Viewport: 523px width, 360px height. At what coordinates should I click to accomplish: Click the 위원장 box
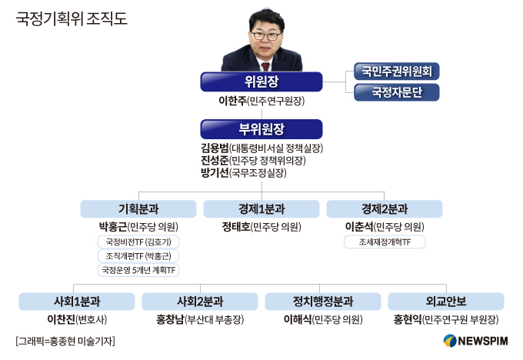[261, 82]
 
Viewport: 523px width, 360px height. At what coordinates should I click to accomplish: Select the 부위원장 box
[261, 129]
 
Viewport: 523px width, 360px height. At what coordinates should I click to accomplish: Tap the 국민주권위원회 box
[397, 71]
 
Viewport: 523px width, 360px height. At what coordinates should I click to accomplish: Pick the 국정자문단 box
[397, 92]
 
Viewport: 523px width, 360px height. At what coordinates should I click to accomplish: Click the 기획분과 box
[138, 209]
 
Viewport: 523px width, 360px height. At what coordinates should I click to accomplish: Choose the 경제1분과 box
[261, 209]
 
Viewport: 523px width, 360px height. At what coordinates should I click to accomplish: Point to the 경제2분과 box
[385, 209]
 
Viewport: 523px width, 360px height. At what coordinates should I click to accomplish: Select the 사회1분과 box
[77, 302]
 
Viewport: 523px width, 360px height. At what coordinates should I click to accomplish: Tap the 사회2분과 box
[200, 302]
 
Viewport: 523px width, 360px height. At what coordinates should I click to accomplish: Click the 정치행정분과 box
[323, 302]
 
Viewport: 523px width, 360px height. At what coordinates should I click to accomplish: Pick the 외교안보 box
[446, 302]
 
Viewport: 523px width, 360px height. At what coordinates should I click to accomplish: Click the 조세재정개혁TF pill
[385, 242]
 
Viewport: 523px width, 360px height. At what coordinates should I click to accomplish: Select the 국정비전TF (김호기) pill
[138, 242]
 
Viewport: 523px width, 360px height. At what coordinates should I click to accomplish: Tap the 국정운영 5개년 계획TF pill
[138, 270]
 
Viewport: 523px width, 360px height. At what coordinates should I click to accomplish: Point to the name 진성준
[215, 161]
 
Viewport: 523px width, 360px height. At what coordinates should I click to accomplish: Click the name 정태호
[236, 227]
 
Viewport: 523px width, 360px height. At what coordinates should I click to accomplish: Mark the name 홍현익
[408, 320]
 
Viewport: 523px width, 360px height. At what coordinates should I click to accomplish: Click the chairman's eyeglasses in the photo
[266, 35]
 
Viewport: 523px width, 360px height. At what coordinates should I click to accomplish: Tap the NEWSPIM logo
[475, 341]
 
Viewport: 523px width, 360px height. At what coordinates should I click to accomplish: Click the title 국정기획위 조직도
[72, 18]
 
